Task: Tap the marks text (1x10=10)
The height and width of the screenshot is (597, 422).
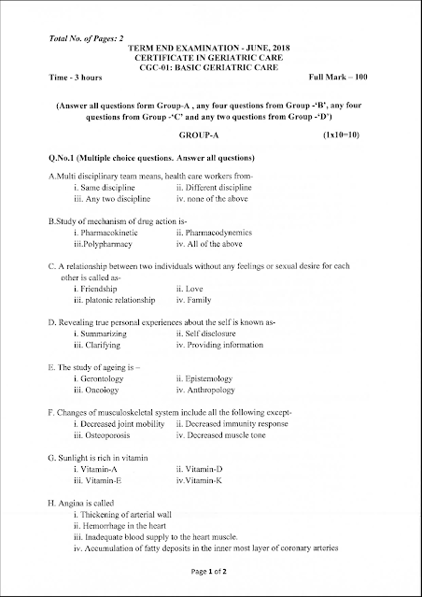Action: point(342,135)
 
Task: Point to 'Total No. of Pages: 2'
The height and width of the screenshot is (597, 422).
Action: point(77,37)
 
